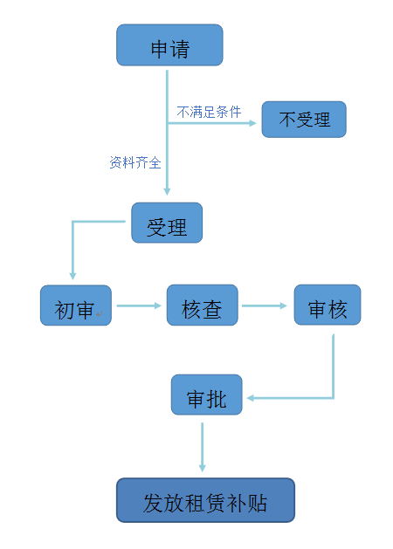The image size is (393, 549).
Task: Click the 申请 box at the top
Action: pyautogui.click(x=169, y=45)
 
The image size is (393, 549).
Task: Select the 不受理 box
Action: pyautogui.click(x=304, y=120)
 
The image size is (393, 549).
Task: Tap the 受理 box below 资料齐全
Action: pyautogui.click(x=167, y=223)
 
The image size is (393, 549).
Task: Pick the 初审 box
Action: pyautogui.click(x=76, y=305)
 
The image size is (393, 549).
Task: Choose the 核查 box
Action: pyautogui.click(x=202, y=305)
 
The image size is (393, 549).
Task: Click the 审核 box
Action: pyautogui.click(x=327, y=305)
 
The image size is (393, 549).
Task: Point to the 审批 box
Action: pyautogui.click(x=206, y=395)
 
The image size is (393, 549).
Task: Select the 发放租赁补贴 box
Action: pyautogui.click(x=205, y=500)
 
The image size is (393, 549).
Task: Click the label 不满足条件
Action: pyautogui.click(x=209, y=112)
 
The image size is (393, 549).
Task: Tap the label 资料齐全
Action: pyautogui.click(x=135, y=162)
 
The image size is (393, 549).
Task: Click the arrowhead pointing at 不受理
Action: pyautogui.click(x=253, y=123)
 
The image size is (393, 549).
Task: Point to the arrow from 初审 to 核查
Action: pyautogui.click(x=139, y=305)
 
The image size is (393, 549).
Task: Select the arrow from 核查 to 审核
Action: pyautogui.click(x=265, y=305)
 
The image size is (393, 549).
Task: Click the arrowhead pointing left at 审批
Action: pyautogui.click(x=250, y=398)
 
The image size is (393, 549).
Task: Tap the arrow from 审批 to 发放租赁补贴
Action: pyautogui.click(x=202, y=447)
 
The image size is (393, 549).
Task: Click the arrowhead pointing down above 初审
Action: pyautogui.click(x=72, y=276)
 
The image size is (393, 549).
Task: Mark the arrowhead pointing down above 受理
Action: pyautogui.click(x=167, y=191)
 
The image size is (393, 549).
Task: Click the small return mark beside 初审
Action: pyautogui.click(x=100, y=314)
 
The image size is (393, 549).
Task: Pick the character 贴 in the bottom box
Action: pyautogui.click(x=257, y=503)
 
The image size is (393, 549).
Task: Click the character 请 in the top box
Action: pyautogui.click(x=180, y=49)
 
